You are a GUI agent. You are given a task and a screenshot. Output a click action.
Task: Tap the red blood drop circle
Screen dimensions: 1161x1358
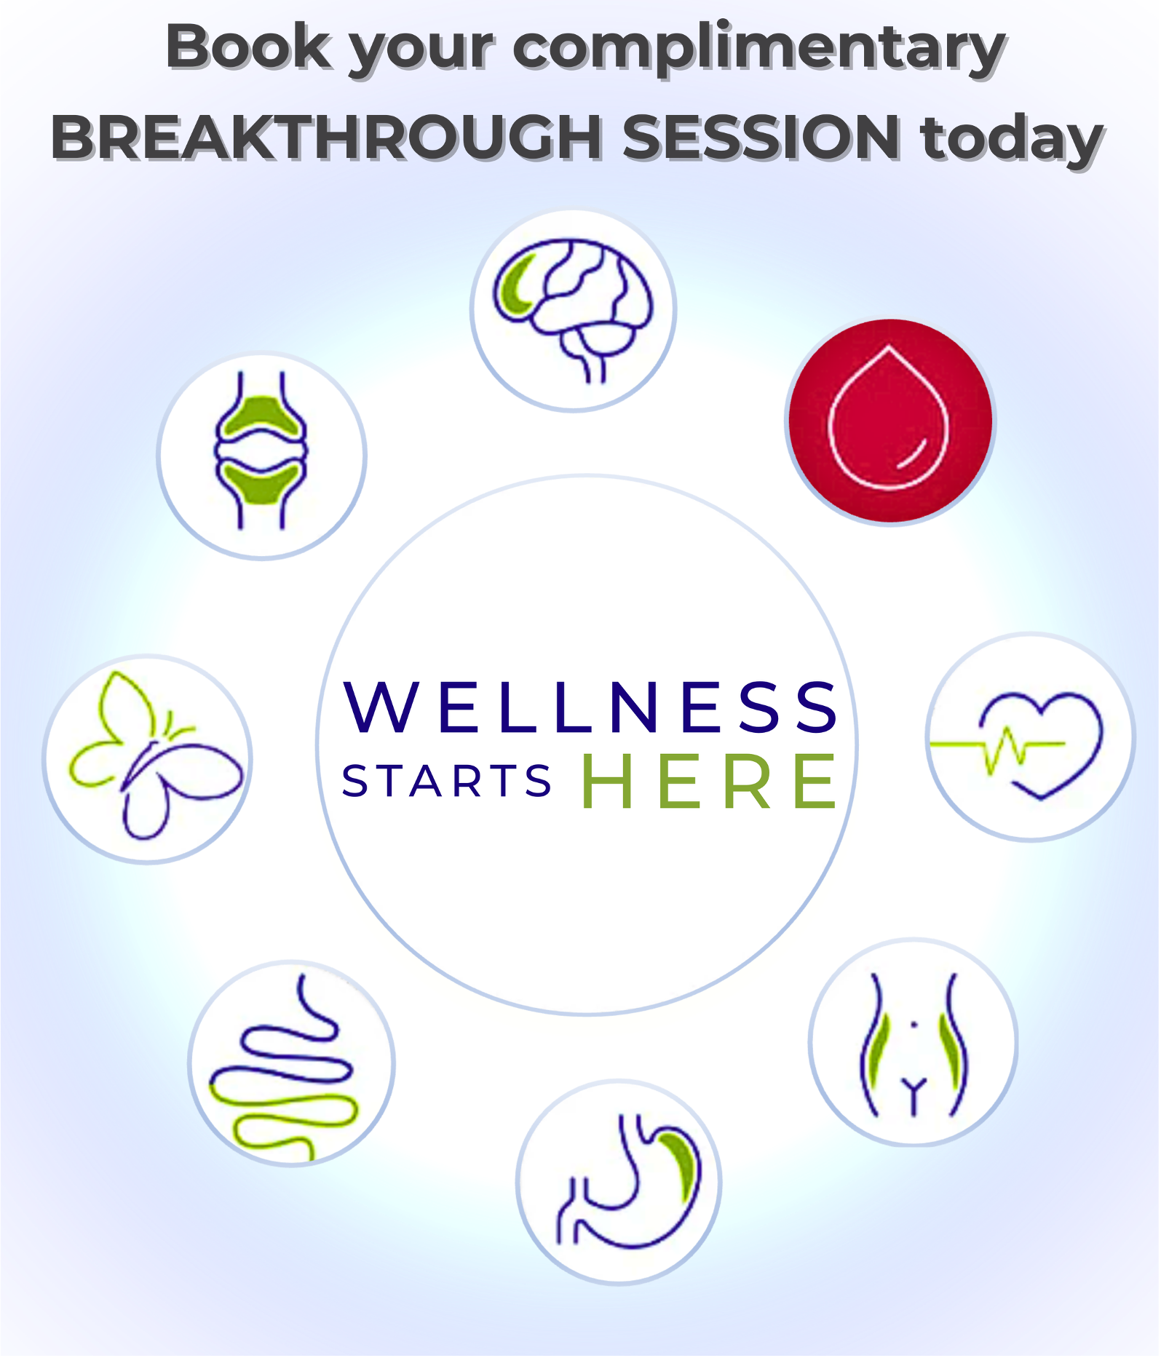tap(890, 421)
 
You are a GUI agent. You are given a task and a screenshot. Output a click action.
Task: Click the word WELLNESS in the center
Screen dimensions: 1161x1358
tap(591, 707)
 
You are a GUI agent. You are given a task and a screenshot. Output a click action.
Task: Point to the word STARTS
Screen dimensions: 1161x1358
tap(446, 782)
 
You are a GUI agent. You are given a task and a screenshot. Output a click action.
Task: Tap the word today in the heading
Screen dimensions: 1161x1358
tap(1012, 140)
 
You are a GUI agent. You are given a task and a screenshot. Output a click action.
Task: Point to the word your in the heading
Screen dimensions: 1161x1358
tap(421, 55)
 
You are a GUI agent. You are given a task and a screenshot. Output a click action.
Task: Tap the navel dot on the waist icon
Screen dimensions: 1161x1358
tap(914, 1025)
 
